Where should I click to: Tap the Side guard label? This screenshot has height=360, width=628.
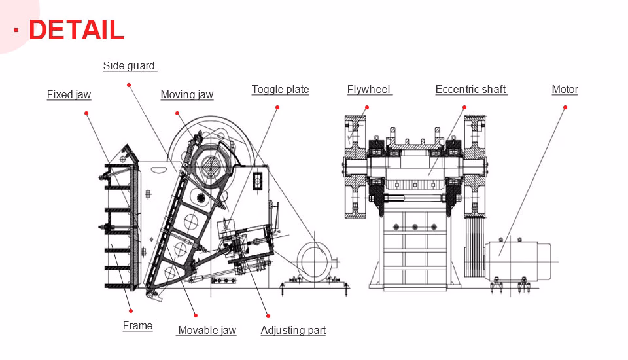129,65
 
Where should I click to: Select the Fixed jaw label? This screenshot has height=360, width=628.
69,94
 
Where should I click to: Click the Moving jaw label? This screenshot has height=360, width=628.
186,94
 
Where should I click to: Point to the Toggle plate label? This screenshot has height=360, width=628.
280,89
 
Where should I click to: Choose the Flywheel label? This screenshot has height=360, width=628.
368,89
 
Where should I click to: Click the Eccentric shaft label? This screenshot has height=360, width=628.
470,89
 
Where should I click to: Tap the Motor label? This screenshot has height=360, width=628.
565,89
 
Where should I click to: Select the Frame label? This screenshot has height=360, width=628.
137,325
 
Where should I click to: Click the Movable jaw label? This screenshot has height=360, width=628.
207,330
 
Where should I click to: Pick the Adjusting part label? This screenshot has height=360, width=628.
293,330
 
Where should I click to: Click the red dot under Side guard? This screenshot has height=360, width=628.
129,85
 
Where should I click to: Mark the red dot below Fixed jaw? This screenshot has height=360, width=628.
86,113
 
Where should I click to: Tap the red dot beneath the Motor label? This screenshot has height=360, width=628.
565,107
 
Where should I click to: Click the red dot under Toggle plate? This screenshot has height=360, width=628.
277,107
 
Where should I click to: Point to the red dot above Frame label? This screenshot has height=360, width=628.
131,310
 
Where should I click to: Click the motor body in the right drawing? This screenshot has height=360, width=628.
517,255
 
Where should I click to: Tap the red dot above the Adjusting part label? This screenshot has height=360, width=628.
268,315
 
